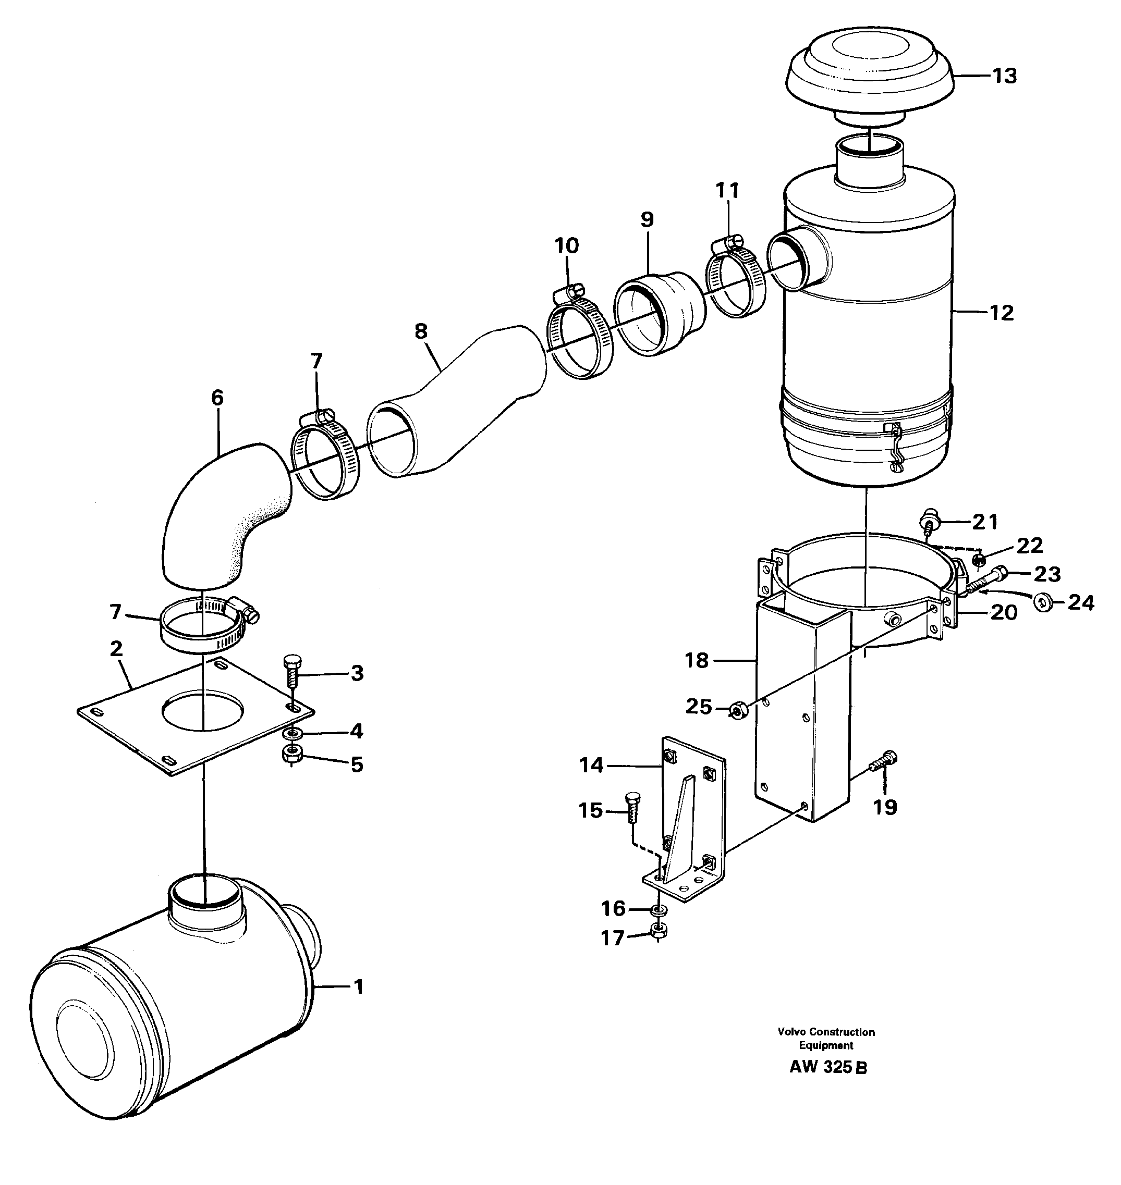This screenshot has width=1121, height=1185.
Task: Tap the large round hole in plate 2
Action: tap(203, 711)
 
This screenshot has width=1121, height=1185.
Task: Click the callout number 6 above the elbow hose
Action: tap(217, 398)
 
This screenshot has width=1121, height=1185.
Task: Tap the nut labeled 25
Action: tap(737, 711)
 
